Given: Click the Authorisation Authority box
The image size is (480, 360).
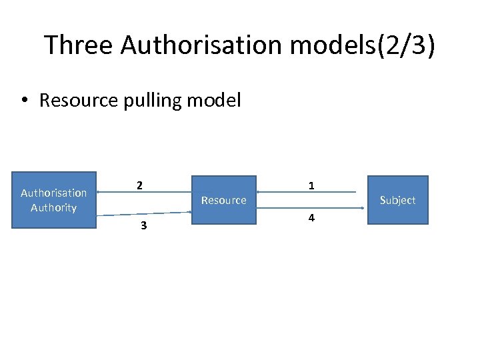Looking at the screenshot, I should coord(54,200).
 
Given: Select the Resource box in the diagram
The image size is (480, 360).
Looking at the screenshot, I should coord(224,200).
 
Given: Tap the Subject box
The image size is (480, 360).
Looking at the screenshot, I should coord(397,200).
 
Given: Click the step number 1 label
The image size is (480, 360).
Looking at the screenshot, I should coord(311,186).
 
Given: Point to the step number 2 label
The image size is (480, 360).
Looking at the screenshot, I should coord(139,185).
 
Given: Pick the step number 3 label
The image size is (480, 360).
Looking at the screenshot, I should coord(143,226).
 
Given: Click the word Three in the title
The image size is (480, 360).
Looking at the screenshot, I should coord(79,45).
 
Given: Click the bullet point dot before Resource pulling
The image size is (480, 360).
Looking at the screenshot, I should coord(24,101).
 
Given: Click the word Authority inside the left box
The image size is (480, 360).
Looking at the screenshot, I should coord(54,207).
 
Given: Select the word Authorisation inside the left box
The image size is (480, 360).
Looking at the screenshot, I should coord(54,193).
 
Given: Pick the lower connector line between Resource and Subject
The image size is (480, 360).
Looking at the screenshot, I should coord(313,208).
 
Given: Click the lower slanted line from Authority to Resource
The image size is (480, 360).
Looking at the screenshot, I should coord(143,214).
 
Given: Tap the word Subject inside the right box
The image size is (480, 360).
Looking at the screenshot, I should coord(397,200).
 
